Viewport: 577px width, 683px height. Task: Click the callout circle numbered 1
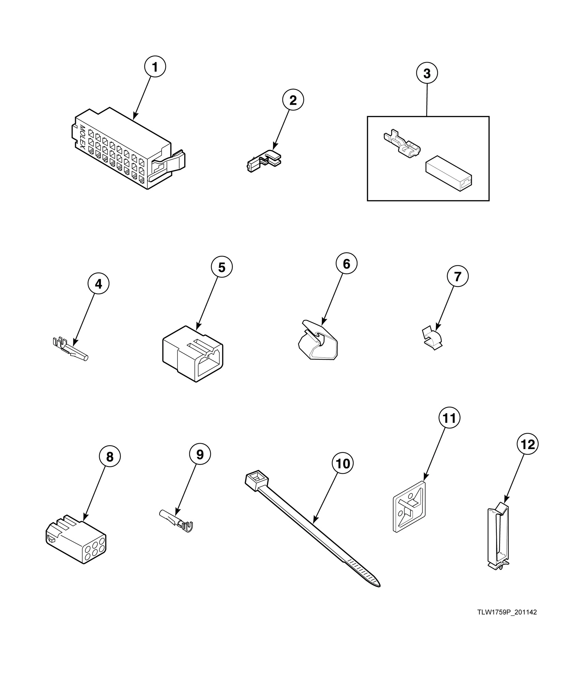coord(155,67)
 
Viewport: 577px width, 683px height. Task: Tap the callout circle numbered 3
coord(427,73)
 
